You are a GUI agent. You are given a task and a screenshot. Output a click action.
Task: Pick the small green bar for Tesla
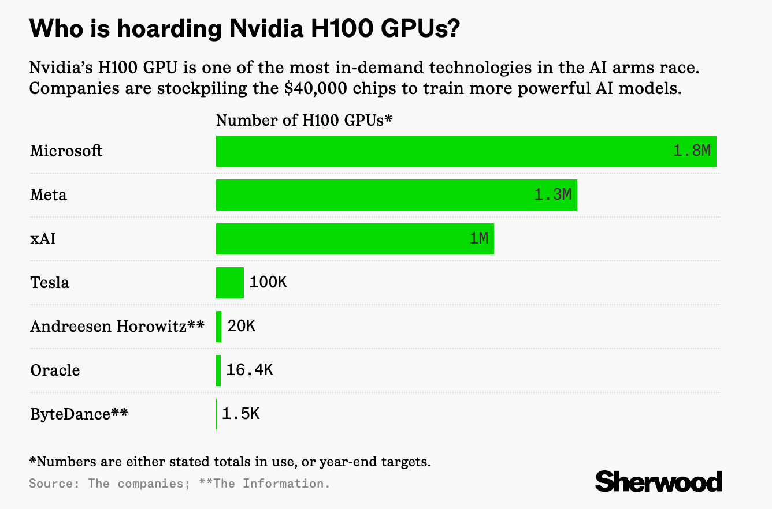[x=230, y=283]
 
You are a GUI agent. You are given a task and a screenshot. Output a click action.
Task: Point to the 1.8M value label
[x=692, y=151]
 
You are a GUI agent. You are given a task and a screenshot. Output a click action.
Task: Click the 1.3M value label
[x=552, y=195]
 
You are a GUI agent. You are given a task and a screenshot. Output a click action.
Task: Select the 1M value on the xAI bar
[x=478, y=239]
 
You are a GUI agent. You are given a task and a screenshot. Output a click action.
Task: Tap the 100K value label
[x=268, y=283]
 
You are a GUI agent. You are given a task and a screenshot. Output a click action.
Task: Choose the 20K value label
[x=241, y=327]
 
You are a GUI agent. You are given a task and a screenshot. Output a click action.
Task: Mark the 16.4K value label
[x=249, y=370]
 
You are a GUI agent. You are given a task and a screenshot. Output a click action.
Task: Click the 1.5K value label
[x=240, y=414]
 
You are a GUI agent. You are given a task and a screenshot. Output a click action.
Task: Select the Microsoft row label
[x=66, y=151]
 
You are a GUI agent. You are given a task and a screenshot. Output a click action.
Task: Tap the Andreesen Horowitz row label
[x=117, y=327]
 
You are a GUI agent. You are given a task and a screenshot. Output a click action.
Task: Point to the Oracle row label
[x=55, y=370]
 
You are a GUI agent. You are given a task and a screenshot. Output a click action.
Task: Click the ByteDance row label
[x=79, y=414]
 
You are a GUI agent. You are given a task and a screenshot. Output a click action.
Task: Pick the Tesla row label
[x=50, y=283]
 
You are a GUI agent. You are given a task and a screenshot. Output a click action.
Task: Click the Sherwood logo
[x=659, y=481]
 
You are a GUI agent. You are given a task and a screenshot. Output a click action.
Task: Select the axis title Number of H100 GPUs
[x=304, y=121]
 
